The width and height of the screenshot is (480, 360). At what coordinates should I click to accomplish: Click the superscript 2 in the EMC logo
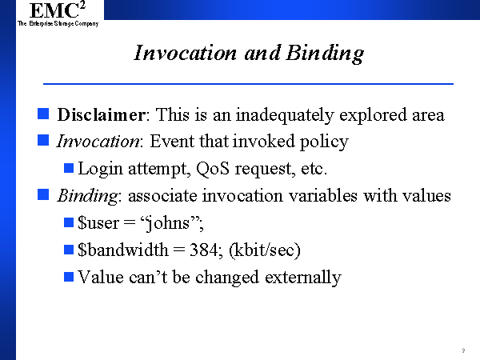coord(82,5)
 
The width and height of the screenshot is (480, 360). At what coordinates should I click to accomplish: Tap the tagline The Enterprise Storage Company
coord(58,23)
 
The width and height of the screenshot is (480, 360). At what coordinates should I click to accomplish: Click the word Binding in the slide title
coord(325,54)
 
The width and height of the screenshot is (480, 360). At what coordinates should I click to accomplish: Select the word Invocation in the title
coord(186,53)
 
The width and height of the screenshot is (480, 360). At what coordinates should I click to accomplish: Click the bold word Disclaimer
coord(102,114)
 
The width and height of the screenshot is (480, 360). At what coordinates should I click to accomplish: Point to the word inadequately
coord(285,116)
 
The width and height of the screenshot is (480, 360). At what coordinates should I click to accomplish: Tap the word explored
coord(373,116)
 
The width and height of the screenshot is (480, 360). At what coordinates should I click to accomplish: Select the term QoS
coord(213,168)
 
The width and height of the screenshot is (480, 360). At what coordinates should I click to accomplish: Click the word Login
coord(100,170)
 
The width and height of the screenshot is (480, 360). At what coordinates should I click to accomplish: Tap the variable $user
coord(98,222)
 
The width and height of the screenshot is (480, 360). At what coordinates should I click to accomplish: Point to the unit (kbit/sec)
coord(265,250)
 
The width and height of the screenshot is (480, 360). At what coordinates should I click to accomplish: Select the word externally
coord(302,278)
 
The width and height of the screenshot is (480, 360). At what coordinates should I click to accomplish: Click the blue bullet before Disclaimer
coord(43,114)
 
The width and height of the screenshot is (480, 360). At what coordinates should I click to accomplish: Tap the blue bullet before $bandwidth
coord(69,250)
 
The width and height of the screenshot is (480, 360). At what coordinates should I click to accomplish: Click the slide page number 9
coord(463,350)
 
